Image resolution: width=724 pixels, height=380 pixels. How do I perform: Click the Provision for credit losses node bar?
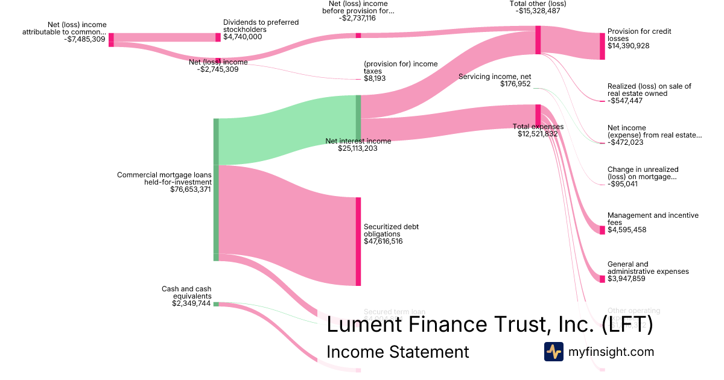click(602, 46)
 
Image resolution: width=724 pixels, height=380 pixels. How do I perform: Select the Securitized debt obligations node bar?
click(358, 241)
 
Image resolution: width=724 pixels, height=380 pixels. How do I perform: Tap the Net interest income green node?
click(358, 118)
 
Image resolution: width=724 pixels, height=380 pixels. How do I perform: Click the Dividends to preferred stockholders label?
click(261, 26)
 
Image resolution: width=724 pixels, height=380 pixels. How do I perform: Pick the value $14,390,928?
click(628, 46)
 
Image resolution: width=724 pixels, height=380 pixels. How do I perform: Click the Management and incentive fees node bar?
click(602, 230)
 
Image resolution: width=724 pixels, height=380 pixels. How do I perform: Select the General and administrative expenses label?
click(648, 268)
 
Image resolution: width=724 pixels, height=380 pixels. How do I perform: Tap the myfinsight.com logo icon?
click(553, 352)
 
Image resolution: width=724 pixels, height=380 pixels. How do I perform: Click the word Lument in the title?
click(363, 325)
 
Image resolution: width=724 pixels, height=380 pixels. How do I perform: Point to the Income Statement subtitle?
click(398, 352)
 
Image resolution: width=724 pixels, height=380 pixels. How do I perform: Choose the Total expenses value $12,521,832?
click(538, 134)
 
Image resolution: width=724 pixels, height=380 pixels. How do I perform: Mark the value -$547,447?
click(625, 101)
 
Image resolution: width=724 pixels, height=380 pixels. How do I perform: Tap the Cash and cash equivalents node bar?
click(216, 304)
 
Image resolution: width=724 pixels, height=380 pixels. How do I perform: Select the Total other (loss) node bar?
click(538, 40)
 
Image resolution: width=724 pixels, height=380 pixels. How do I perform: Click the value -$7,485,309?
click(84, 40)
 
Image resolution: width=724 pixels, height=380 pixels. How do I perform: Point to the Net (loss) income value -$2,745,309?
click(218, 69)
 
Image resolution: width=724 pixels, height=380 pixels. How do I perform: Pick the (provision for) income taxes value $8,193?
click(375, 78)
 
